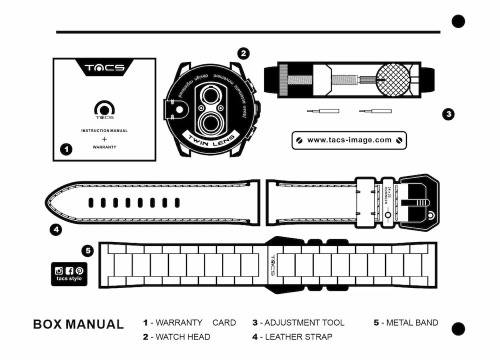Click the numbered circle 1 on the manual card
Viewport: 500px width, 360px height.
[66, 149]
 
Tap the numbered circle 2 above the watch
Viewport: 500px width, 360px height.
[243, 53]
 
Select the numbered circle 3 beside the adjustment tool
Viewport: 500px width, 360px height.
[448, 114]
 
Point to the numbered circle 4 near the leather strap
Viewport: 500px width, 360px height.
[55, 229]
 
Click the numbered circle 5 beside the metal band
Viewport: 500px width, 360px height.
[87, 250]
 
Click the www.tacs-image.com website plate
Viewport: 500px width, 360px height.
[349, 140]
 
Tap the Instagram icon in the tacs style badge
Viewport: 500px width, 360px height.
[59, 270]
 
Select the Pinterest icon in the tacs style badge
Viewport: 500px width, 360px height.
[79, 270]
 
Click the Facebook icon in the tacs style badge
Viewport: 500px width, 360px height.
[69, 270]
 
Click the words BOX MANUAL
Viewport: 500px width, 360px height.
[78, 324]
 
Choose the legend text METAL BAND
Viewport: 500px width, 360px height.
[412, 322]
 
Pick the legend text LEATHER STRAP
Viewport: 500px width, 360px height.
[298, 337]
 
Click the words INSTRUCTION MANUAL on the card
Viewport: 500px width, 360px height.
[104, 130]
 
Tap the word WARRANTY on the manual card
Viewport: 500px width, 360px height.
[104, 147]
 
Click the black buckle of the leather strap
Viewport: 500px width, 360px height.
[419, 201]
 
